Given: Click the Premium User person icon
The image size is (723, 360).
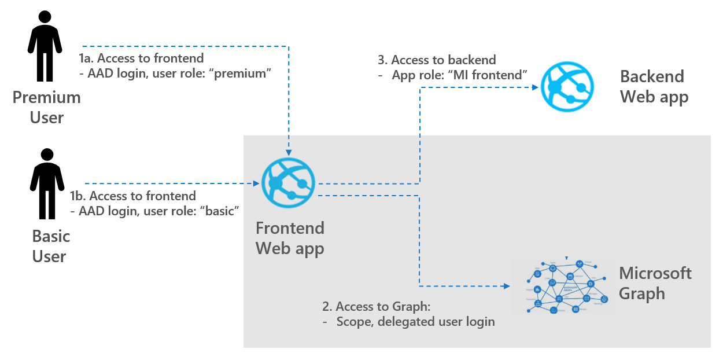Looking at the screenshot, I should click(x=45, y=46).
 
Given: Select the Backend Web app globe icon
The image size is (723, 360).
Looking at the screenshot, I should click(x=567, y=87).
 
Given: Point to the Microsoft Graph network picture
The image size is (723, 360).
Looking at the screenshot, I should click(x=563, y=286).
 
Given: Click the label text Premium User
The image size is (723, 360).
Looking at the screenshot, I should click(x=47, y=107).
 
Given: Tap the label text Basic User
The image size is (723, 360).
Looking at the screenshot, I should click(x=51, y=246).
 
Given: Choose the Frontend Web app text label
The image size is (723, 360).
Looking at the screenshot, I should click(x=290, y=238).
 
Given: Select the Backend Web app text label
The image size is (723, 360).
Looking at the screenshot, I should click(x=654, y=86).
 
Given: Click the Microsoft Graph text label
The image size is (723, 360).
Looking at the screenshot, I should click(x=655, y=283).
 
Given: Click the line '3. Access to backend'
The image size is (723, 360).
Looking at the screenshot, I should click(x=437, y=60).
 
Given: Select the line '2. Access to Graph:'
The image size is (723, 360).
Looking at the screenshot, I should click(x=377, y=307).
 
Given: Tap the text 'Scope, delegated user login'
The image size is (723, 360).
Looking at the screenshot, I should click(x=415, y=322).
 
